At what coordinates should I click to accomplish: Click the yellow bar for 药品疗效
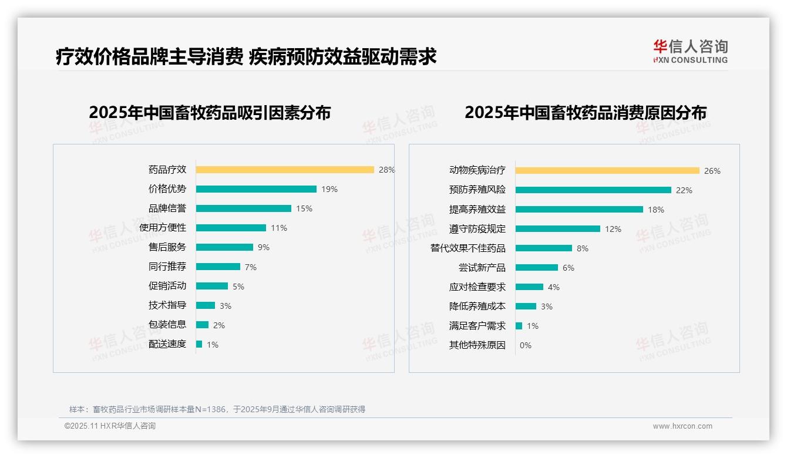tap(285, 170)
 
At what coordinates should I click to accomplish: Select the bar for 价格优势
tap(256, 189)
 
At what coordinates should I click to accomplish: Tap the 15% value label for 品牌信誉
tap(304, 208)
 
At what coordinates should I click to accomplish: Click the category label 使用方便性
tap(163, 227)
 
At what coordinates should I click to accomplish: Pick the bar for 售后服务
tap(224, 247)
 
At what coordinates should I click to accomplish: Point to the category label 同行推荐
tap(167, 267)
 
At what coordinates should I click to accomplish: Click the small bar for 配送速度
tap(199, 344)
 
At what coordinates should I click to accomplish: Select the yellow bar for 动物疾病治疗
tap(607, 171)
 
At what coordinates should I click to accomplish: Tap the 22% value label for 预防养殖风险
tap(684, 190)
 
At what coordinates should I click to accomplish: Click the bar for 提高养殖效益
tap(579, 210)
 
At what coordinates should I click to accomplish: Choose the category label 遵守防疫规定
tap(477, 228)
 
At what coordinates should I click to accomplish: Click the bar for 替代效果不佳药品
tap(544, 248)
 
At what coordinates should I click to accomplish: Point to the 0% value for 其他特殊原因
tap(526, 345)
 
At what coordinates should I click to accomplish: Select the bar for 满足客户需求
tap(519, 326)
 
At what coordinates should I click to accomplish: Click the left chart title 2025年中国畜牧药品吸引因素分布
tap(210, 112)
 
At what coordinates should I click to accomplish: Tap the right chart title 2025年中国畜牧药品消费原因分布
tap(586, 112)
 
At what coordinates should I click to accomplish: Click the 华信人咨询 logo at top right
tap(690, 52)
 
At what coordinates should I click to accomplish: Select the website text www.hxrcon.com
tap(682, 426)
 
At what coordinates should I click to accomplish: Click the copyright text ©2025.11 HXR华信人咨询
tap(110, 426)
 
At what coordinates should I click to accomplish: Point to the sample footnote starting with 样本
tap(217, 409)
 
